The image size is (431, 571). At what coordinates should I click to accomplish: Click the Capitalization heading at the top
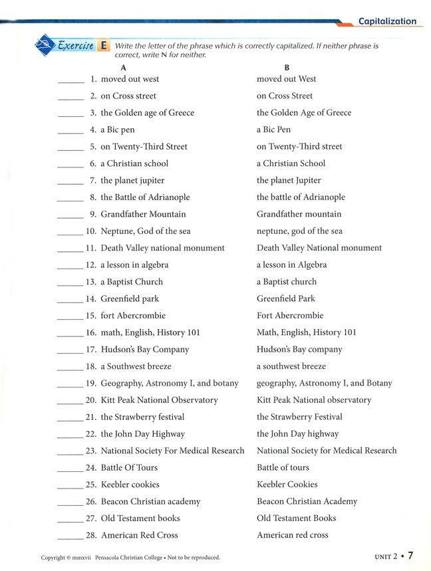point(387,21)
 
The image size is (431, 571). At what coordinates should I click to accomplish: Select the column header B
point(287,67)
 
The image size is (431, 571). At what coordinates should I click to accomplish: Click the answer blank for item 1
point(71,80)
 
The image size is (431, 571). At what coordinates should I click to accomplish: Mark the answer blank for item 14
point(70,300)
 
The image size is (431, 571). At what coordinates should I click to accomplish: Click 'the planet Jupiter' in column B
point(289,180)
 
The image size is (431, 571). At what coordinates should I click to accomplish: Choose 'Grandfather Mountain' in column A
point(143,214)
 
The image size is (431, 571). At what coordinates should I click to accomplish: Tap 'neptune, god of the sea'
point(299,231)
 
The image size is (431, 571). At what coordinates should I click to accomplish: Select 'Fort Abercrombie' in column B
point(290,315)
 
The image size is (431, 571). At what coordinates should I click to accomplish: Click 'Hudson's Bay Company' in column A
point(144,349)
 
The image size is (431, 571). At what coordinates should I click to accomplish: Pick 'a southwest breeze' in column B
point(291,366)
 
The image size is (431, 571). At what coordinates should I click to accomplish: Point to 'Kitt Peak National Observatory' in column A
point(159,400)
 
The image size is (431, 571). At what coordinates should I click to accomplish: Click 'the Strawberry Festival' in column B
point(299,417)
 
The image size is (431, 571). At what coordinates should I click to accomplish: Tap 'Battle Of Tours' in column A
point(129,467)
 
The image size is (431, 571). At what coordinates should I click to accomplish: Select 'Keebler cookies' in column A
point(130,485)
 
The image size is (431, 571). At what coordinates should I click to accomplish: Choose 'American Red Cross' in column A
point(139,535)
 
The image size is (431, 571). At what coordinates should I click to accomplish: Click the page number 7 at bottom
point(411,555)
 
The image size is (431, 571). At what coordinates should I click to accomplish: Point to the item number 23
point(91,451)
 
